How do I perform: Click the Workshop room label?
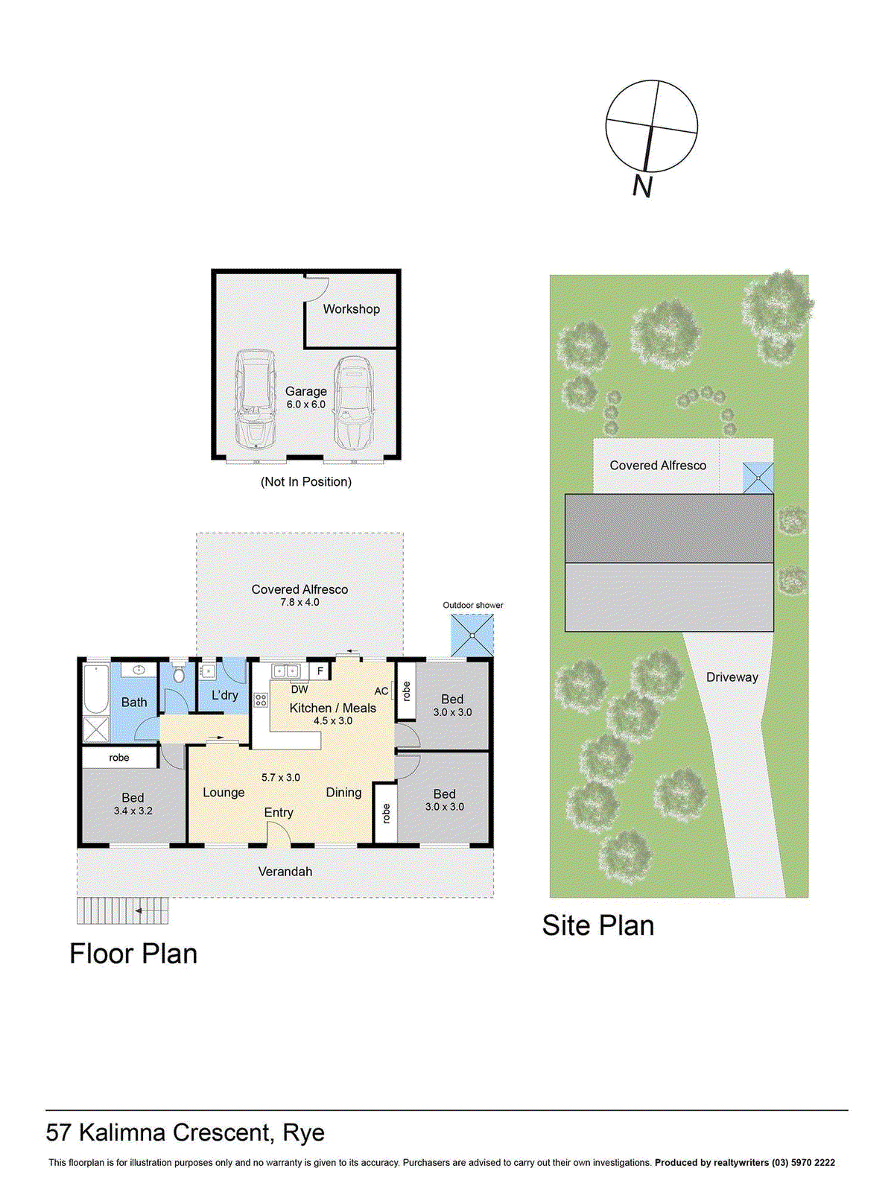[351, 309]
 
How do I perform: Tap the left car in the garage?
[255, 399]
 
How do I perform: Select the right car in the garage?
[352, 403]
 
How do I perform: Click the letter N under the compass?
[643, 186]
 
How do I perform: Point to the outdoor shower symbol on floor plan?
[472, 635]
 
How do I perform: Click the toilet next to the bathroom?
[178, 674]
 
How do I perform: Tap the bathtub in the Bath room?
[96, 689]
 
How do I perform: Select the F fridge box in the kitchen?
[320, 671]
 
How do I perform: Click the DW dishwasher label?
[299, 690]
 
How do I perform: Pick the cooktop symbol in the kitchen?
[261, 700]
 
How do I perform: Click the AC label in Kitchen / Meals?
[381, 691]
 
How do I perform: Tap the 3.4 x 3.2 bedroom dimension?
[133, 811]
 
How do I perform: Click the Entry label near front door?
[279, 813]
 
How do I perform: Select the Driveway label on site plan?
[732, 677]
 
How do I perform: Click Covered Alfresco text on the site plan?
[658, 466]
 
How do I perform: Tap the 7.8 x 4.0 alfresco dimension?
[299, 602]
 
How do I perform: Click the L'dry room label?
[224, 695]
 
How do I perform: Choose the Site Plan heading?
[597, 925]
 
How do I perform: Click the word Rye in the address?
[304, 1132]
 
